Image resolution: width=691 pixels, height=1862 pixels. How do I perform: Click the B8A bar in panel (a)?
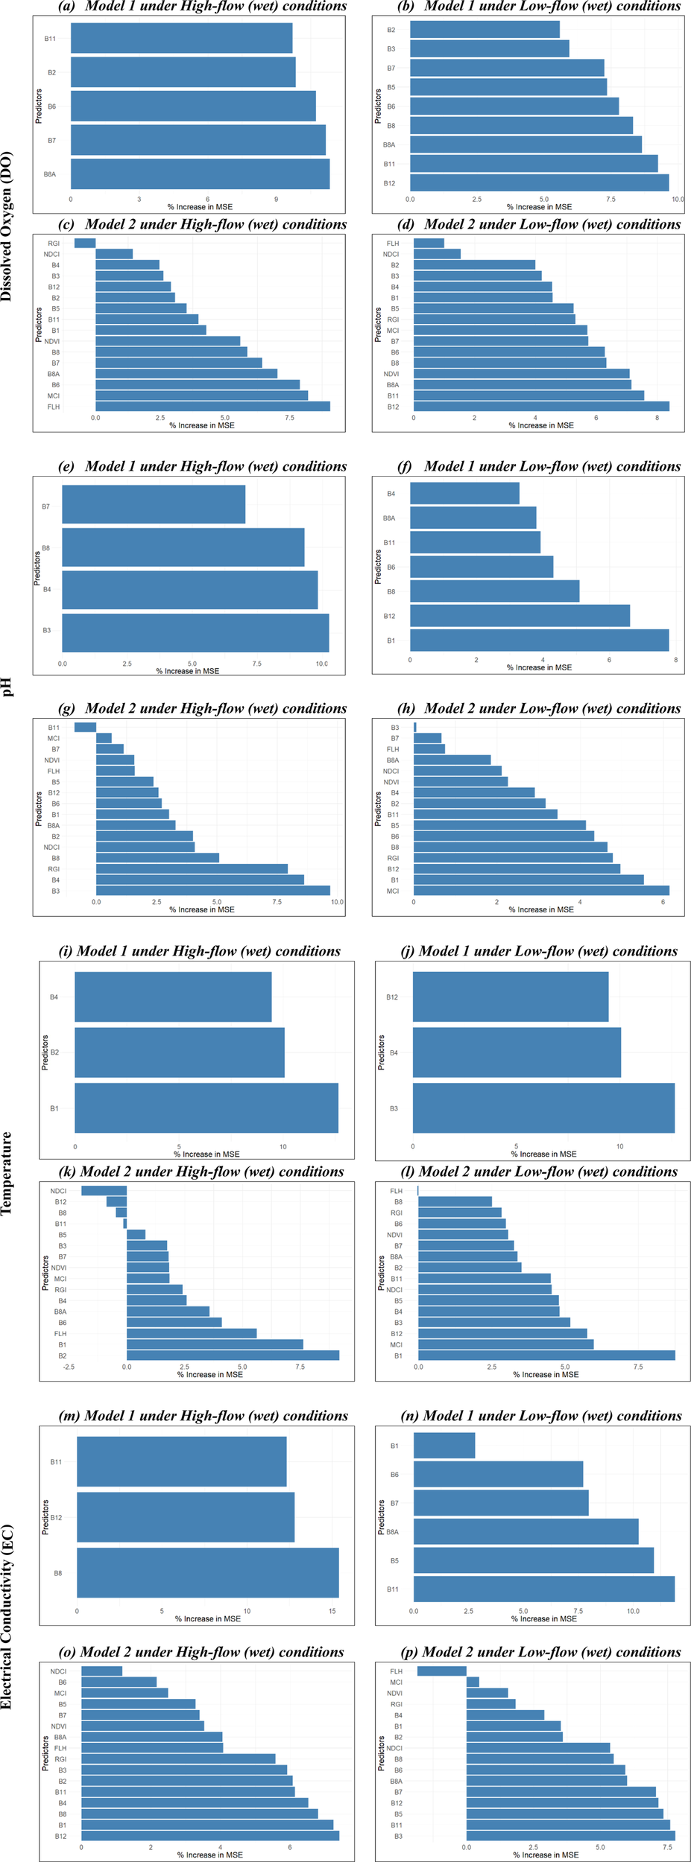point(200,174)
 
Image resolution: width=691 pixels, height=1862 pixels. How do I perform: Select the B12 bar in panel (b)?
point(539,182)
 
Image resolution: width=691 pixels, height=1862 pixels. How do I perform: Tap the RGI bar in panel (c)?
point(85,243)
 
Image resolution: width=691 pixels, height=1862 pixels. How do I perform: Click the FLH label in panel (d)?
point(392,244)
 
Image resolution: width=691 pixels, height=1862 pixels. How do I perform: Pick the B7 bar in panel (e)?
point(153,504)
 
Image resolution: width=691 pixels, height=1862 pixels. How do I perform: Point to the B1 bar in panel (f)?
point(539,640)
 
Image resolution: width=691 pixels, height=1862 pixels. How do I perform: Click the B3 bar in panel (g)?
point(212,890)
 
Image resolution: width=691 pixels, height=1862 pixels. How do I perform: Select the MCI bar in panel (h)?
point(541,890)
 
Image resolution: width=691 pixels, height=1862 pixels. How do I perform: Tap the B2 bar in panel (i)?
point(179,1052)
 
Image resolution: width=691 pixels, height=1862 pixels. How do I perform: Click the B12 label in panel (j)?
point(391,997)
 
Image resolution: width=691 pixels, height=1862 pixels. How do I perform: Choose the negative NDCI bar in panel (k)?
point(104,1190)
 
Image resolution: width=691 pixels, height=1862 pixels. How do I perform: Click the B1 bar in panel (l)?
point(546,1355)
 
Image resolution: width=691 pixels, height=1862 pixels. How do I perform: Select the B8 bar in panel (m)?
point(207,1572)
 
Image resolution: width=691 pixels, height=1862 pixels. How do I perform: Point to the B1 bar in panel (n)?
point(444,1445)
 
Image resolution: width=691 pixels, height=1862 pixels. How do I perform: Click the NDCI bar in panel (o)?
point(101,1671)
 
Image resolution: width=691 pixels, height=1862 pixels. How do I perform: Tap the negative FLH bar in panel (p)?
point(441,1671)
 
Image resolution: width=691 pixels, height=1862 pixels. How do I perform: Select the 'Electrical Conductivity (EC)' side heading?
point(7,1616)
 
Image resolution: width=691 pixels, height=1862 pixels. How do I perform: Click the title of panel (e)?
point(203,466)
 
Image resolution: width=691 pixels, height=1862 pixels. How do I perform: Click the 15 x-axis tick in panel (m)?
point(332,1610)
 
